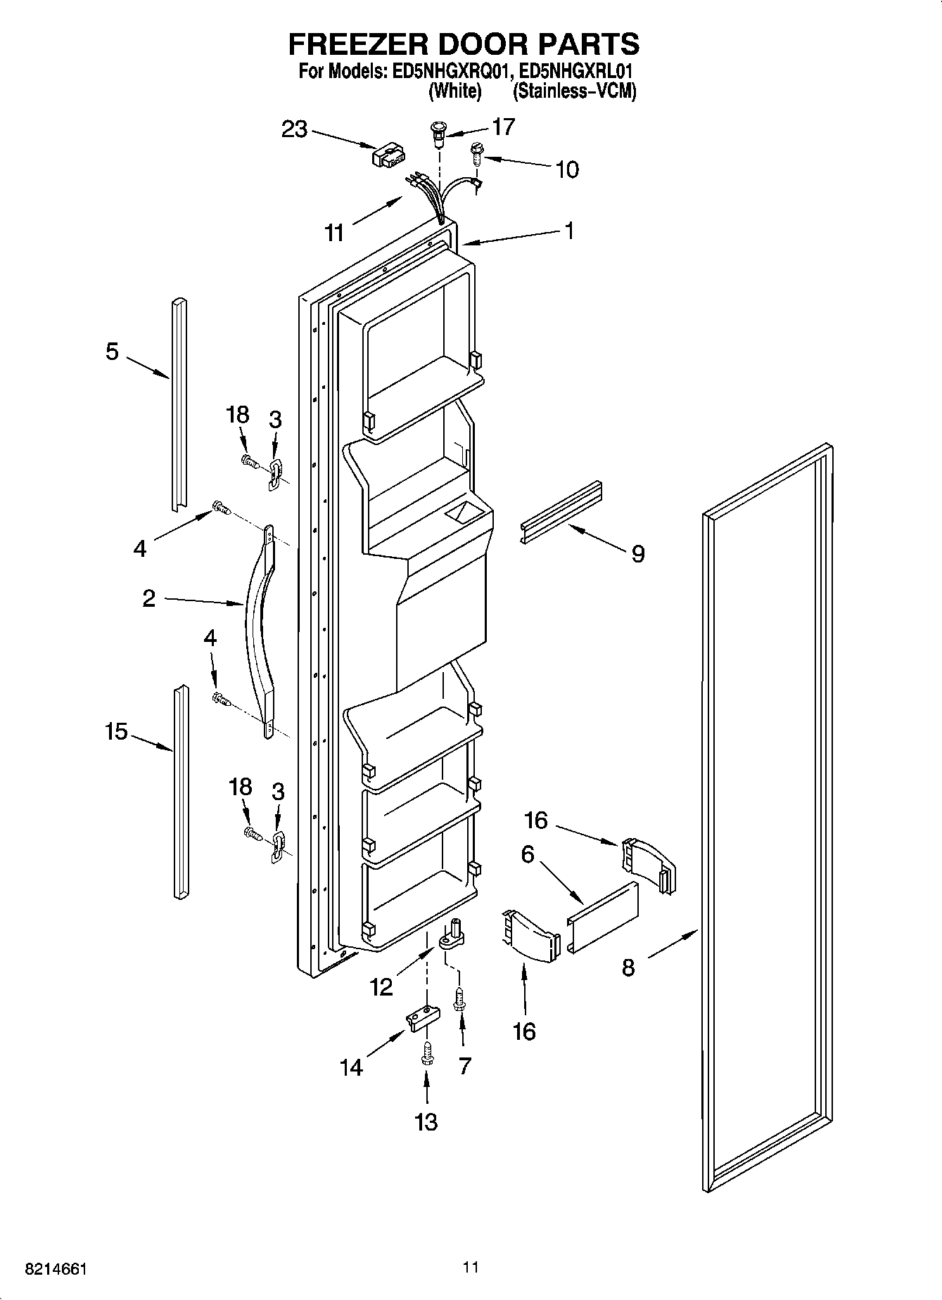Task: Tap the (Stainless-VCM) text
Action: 574,91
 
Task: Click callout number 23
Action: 295,129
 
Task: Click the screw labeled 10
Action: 476,153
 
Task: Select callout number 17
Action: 503,127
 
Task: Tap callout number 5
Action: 113,352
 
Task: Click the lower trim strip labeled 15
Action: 181,792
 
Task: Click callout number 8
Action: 628,968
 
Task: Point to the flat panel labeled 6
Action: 603,917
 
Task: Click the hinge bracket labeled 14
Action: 424,1018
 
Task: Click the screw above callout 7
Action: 459,998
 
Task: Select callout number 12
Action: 381,987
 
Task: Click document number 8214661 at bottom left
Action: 56,1269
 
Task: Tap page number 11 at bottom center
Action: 471,1267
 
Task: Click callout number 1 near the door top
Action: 570,230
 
